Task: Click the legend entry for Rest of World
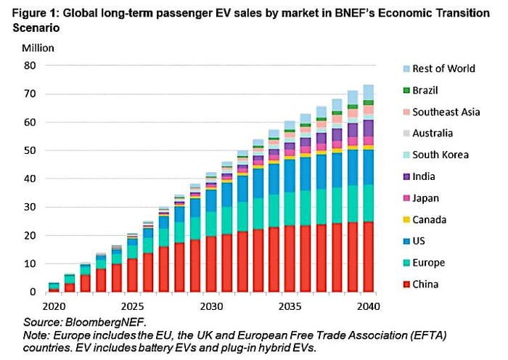(x=443, y=68)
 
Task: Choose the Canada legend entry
(x=430, y=219)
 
